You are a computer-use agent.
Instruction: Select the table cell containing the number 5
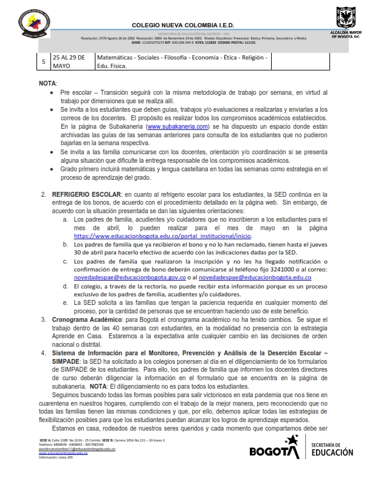click(43, 62)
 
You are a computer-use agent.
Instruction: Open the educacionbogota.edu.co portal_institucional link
click(163, 235)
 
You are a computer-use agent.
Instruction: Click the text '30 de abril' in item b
click(91, 252)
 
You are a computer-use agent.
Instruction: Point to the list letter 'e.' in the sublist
click(65, 302)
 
